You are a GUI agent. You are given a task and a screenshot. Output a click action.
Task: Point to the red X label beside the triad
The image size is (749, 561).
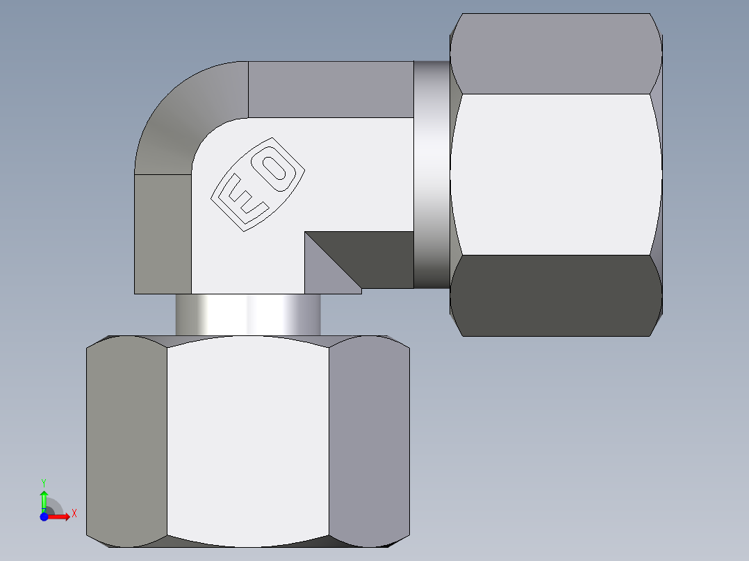pos(74,514)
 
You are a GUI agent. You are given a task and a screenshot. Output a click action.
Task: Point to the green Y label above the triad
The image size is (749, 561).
pos(44,482)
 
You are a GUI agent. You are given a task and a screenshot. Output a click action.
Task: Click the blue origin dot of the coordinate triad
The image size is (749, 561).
pos(44,516)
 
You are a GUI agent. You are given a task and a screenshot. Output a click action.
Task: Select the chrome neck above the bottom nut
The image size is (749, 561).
pos(248,315)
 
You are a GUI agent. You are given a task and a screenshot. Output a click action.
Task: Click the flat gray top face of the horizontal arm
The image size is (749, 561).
pos(330,89)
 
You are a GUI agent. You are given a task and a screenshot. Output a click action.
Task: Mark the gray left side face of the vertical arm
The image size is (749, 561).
pos(163,233)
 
